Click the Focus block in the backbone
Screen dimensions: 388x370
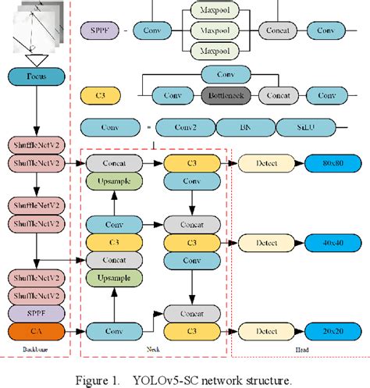pos(37,77)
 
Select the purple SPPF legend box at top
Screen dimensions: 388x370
pos(100,31)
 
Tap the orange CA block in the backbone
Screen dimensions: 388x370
pos(37,330)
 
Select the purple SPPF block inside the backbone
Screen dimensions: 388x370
pos(37,312)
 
